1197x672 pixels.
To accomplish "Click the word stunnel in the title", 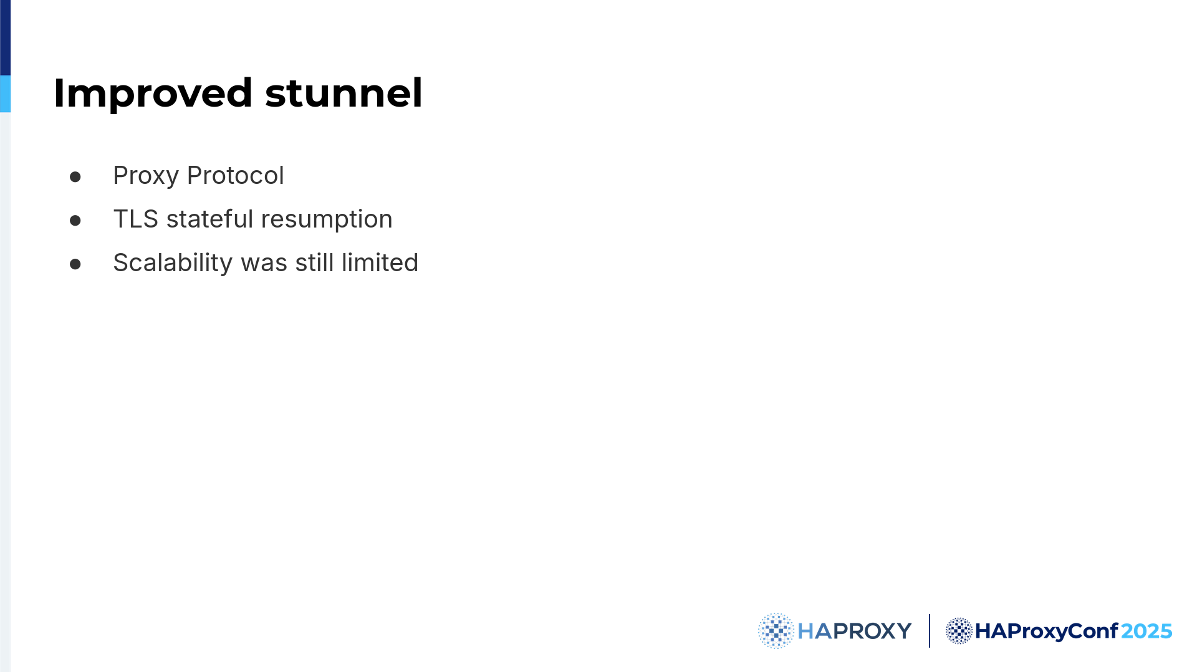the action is click(344, 93).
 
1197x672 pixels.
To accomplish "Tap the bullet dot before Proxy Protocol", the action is click(75, 177).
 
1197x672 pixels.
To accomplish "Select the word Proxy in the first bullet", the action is click(146, 176).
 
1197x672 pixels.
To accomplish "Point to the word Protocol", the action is click(236, 175).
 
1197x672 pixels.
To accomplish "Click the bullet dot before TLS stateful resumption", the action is click(75, 221).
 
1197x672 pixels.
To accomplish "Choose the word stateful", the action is click(210, 219).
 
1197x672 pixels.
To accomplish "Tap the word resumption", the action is click(327, 220).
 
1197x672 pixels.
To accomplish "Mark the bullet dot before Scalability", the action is click(75, 264).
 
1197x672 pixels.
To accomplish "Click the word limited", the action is click(380, 262).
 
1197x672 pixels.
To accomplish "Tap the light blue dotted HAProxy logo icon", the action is click(776, 631).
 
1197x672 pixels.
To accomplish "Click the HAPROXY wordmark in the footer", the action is click(854, 631).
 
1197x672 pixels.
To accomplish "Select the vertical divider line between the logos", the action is click(929, 631).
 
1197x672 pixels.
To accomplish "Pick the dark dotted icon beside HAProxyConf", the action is click(959, 631).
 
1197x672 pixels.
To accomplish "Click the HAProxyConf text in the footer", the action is click(1046, 631).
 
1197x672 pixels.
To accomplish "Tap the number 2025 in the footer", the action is click(1147, 631).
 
